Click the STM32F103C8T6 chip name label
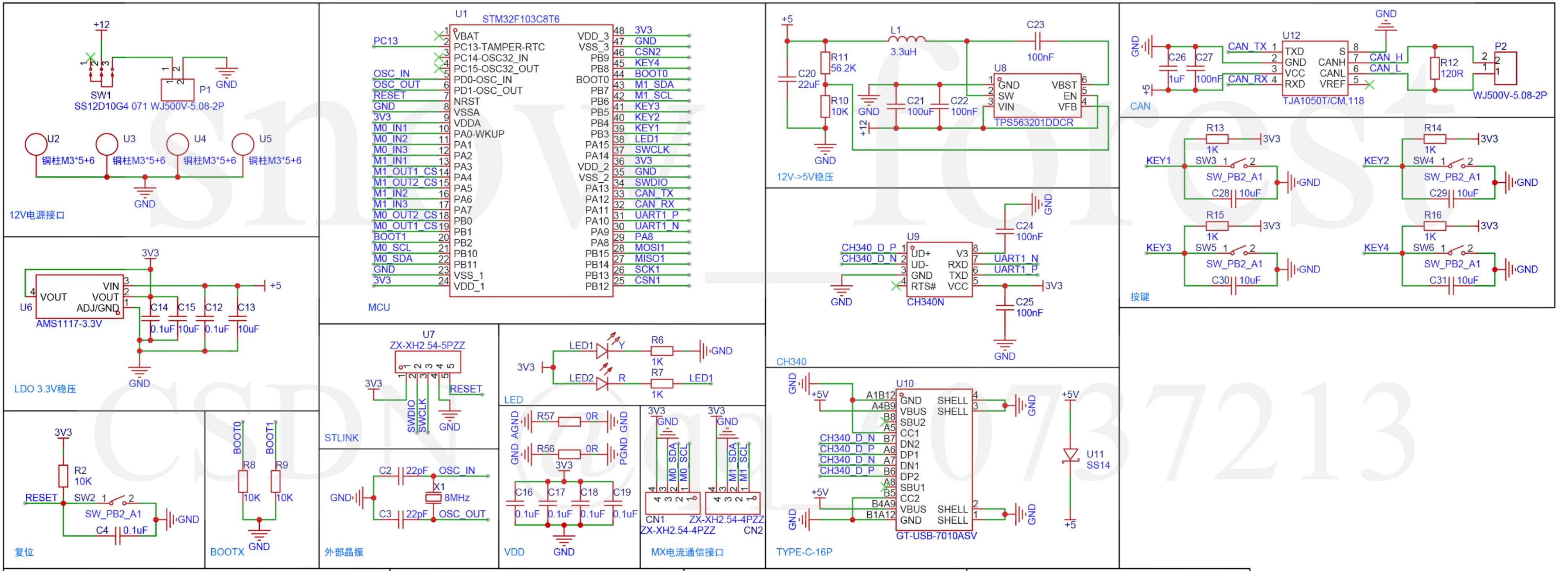(x=520, y=19)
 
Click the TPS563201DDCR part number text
(x=1033, y=123)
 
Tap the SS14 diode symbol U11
(x=1070, y=455)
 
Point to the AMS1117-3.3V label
(x=68, y=324)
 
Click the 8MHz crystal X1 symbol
(x=433, y=497)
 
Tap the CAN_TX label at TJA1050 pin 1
(x=1247, y=46)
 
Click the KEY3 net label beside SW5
(x=1158, y=247)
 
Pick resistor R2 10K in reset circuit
(x=63, y=476)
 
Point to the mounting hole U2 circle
(x=36, y=144)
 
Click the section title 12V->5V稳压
(x=805, y=177)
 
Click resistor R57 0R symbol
(x=569, y=421)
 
